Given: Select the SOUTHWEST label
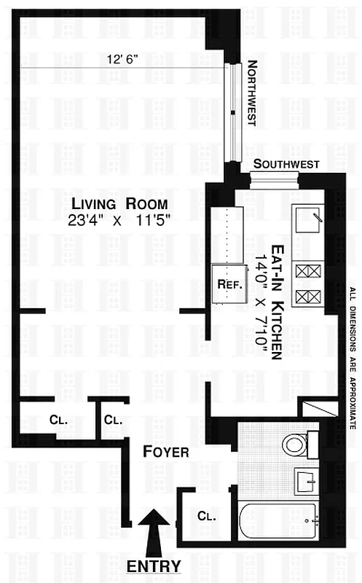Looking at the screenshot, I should tap(285, 165).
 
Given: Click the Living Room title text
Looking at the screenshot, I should tap(114, 203).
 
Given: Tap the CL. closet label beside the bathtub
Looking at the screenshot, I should tap(206, 516).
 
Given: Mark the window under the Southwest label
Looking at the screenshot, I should tap(275, 179).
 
